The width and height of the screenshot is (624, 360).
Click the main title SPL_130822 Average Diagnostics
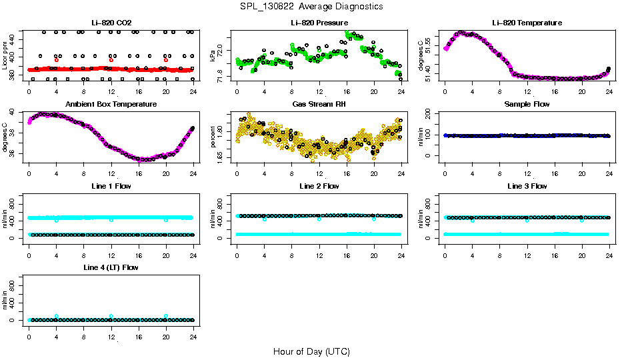tap(312, 6)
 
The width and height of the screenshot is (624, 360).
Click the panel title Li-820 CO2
tap(111, 23)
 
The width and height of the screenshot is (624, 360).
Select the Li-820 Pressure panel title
tap(319, 23)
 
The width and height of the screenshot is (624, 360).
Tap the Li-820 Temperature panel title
tap(527, 23)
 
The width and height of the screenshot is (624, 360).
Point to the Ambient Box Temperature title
tap(111, 105)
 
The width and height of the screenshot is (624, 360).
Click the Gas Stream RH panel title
tap(319, 105)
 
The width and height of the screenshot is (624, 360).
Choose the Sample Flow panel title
tap(527, 105)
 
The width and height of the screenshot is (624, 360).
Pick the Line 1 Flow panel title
tap(111, 186)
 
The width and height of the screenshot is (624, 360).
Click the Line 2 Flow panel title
tap(319, 186)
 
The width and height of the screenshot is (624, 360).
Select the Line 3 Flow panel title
tap(527, 186)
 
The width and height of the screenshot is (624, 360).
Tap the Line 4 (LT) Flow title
tap(111, 267)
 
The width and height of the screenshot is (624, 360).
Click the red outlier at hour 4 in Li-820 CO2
tap(57, 60)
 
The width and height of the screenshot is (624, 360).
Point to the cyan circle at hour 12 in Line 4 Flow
tap(111, 316)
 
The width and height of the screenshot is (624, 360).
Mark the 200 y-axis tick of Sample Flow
tap(431, 113)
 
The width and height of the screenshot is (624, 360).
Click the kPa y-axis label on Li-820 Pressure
tap(213, 55)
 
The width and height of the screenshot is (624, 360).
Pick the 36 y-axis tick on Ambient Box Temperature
tap(15, 153)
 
